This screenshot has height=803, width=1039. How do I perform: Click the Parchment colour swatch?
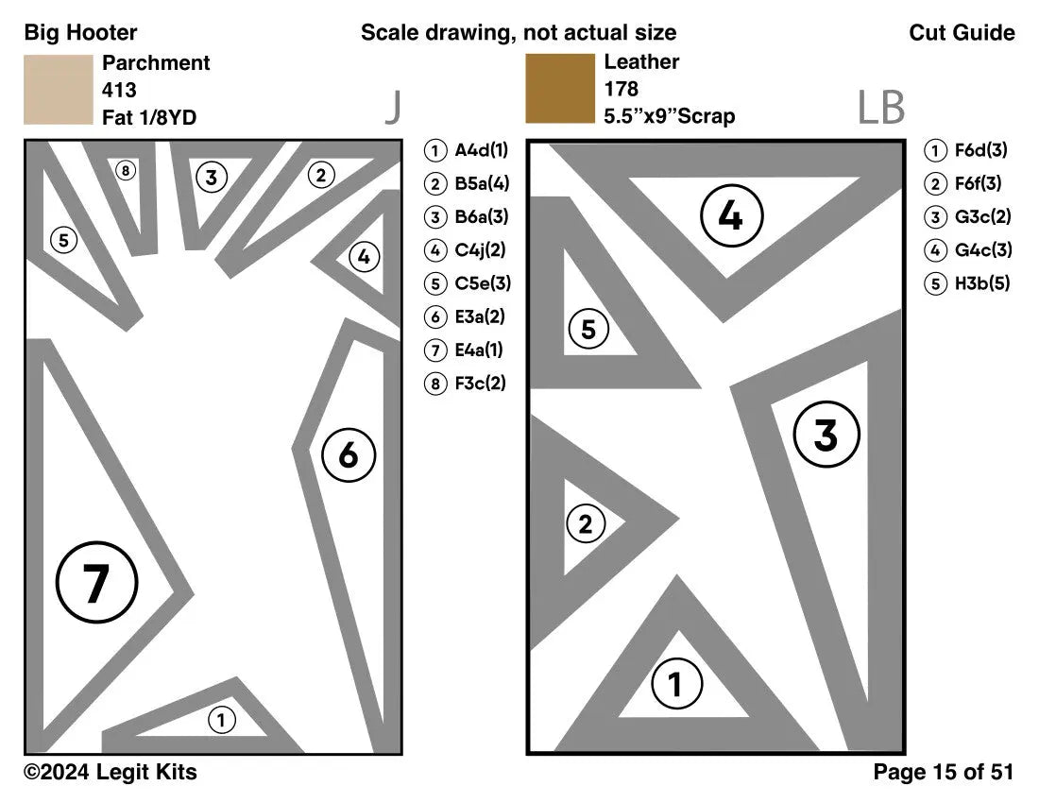click(59, 90)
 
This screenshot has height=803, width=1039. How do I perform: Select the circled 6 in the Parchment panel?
click(349, 455)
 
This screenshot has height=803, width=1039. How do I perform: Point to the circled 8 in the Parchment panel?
click(125, 171)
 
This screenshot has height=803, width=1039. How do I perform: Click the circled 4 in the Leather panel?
click(731, 216)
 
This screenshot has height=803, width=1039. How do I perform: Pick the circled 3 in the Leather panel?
click(826, 436)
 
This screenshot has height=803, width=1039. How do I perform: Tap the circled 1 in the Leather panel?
click(675, 684)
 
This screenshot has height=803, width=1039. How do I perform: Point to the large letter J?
click(393, 109)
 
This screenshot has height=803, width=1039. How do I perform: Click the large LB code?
click(880, 109)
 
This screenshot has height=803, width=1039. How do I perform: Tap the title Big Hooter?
click(80, 33)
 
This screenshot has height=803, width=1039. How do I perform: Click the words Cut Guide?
click(962, 33)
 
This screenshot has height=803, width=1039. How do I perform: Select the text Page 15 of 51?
click(943, 773)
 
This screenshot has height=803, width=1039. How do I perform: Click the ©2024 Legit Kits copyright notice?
click(111, 773)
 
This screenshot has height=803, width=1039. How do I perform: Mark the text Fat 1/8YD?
click(149, 117)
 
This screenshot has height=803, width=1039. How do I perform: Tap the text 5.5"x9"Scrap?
click(669, 117)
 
